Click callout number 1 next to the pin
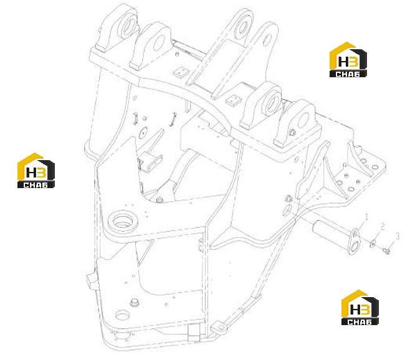tap(366, 217)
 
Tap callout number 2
tap(383, 227)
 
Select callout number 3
tap(398, 236)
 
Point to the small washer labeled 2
tap(373, 243)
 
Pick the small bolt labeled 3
tap(386, 250)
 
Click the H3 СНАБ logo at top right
tap(348, 60)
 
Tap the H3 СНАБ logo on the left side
tap(36, 171)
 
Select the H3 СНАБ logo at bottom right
tap(360, 307)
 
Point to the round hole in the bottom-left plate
tap(121, 315)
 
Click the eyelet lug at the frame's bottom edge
tap(219, 328)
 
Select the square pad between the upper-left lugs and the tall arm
tap(181, 72)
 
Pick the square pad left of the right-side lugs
tap(234, 100)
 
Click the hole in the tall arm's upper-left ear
tap(242, 26)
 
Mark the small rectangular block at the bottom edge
tap(194, 333)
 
